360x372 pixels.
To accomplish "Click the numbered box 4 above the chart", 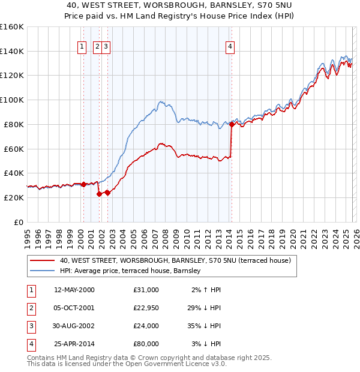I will tap(230, 47).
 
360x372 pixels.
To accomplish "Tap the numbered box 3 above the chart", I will tap(106, 47).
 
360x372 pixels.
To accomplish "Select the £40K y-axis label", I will tap(13, 173).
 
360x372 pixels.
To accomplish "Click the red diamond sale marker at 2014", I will tap(232, 125).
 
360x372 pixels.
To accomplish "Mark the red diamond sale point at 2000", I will tap(83, 184).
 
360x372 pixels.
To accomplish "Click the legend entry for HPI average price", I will tap(133, 271).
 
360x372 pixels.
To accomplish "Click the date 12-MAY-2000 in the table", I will tap(74, 290).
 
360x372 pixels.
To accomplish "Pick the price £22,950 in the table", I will tap(146, 308).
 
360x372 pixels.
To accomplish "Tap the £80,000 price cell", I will tap(146, 344).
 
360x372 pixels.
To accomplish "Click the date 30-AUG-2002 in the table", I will tap(74, 326).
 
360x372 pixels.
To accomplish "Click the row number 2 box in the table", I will tap(31, 308).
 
